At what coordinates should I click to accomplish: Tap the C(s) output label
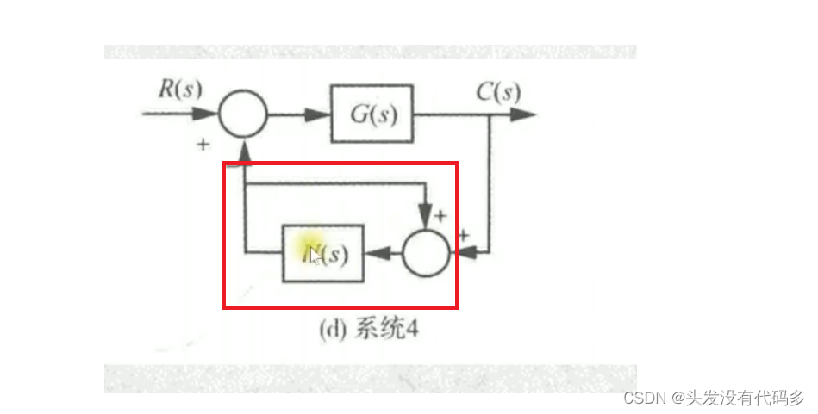click(498, 90)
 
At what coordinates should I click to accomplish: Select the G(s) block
click(372, 114)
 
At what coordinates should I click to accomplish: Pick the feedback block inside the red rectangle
click(323, 253)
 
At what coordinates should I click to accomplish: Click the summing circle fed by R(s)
click(243, 114)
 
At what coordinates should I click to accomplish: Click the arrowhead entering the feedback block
click(373, 253)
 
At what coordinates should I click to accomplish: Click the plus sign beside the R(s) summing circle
click(203, 145)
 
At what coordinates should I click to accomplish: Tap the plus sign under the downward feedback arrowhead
click(440, 215)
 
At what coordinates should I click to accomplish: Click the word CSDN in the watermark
click(641, 399)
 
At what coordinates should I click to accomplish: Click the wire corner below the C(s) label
click(491, 114)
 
